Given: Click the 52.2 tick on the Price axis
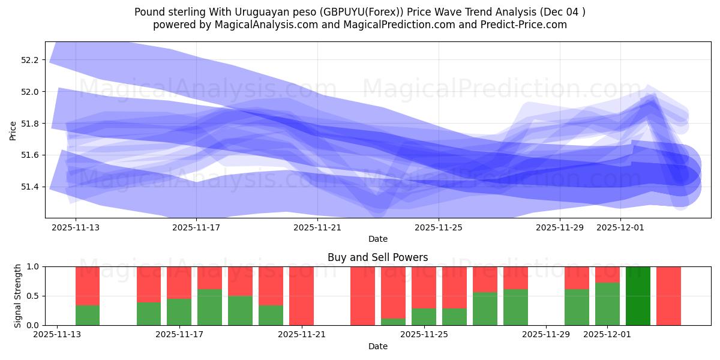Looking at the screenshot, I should tap(30, 60).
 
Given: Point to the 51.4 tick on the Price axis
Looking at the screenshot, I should tap(30, 187).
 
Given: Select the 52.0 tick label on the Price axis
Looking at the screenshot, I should tap(30, 92).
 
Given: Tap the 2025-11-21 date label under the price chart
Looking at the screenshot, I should tap(317, 227).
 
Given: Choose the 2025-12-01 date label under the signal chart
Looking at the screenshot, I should tap(608, 335).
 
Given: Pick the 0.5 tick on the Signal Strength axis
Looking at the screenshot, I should tap(34, 296).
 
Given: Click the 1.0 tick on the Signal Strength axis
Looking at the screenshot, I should tap(34, 266).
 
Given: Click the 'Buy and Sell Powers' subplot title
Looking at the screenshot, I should tap(377, 257).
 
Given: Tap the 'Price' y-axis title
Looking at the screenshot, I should tap(13, 130).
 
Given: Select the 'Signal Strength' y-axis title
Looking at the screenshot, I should tap(18, 296).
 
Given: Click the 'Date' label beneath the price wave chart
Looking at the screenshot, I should tap(377, 239).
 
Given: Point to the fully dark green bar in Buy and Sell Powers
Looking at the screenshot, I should tap(638, 296).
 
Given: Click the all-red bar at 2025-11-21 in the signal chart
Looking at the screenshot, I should tap(301, 296).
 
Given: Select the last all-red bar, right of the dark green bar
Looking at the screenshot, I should tap(668, 296).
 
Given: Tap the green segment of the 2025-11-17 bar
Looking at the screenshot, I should tap(179, 312).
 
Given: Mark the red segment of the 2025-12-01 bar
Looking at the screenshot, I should tap(607, 274).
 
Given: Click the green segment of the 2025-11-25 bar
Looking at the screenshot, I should tap(424, 317).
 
